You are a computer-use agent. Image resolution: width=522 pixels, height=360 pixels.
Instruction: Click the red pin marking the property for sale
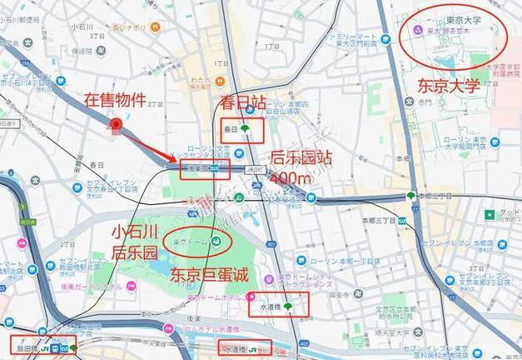coord(117,126)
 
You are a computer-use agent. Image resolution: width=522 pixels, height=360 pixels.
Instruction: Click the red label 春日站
coord(242,104)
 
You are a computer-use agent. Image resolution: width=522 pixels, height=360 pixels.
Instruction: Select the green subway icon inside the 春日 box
coord(246,130)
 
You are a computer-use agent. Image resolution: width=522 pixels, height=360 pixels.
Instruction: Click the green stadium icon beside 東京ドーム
coord(216,242)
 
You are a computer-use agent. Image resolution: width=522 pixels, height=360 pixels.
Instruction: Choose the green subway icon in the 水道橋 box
coord(288,307)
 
